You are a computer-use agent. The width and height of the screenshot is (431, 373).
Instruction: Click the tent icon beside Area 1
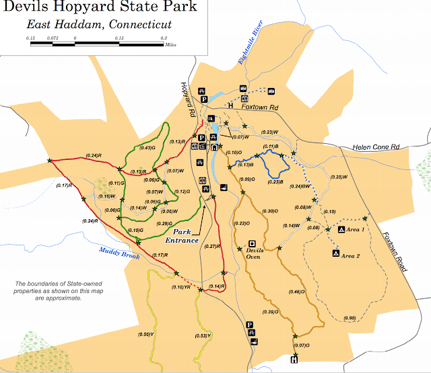click(341, 230)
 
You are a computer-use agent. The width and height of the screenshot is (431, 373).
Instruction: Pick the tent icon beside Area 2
click(335, 253)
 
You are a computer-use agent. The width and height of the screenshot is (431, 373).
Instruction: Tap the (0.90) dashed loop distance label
click(349, 318)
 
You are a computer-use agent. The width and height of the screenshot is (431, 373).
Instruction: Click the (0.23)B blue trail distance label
click(275, 182)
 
